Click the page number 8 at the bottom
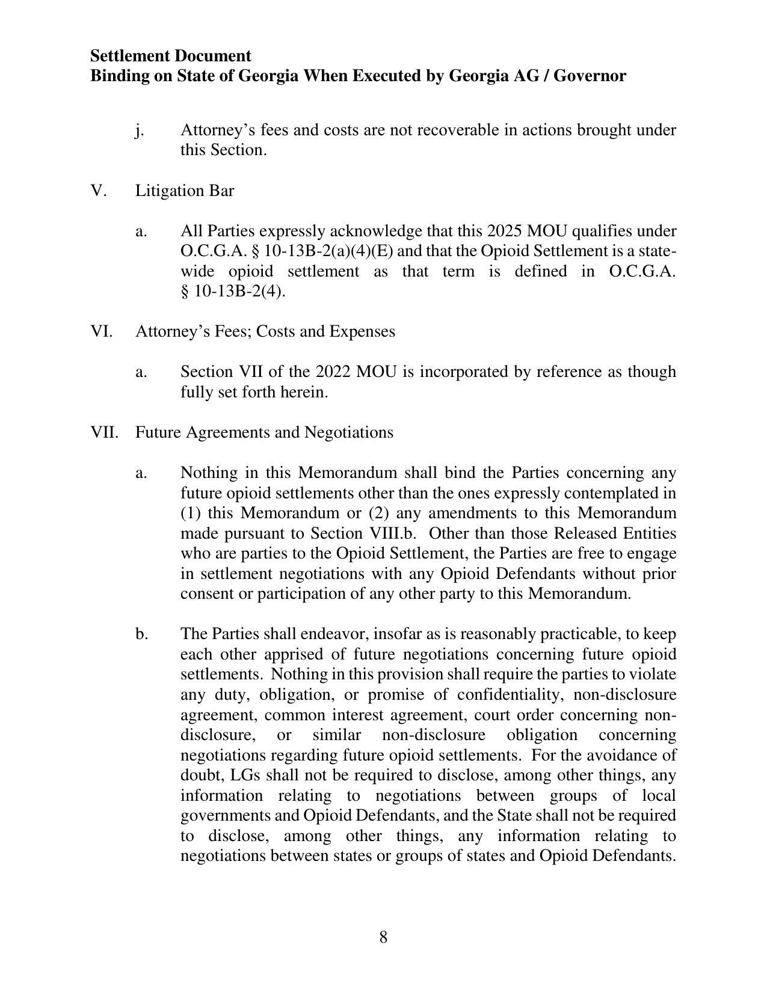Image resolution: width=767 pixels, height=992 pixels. click(x=383, y=937)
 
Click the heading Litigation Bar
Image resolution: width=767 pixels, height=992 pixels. click(x=184, y=191)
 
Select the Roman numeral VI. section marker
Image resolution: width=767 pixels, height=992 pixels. click(x=102, y=331)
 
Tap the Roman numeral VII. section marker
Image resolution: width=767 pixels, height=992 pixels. click(x=104, y=432)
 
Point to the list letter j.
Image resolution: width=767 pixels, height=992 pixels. click(x=140, y=130)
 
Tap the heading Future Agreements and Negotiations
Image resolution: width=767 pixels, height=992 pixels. click(x=264, y=432)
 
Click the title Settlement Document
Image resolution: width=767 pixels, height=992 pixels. click(x=170, y=56)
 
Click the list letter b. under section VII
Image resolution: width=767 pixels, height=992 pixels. click(x=141, y=634)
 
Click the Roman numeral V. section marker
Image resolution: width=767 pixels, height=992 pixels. click(x=99, y=191)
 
